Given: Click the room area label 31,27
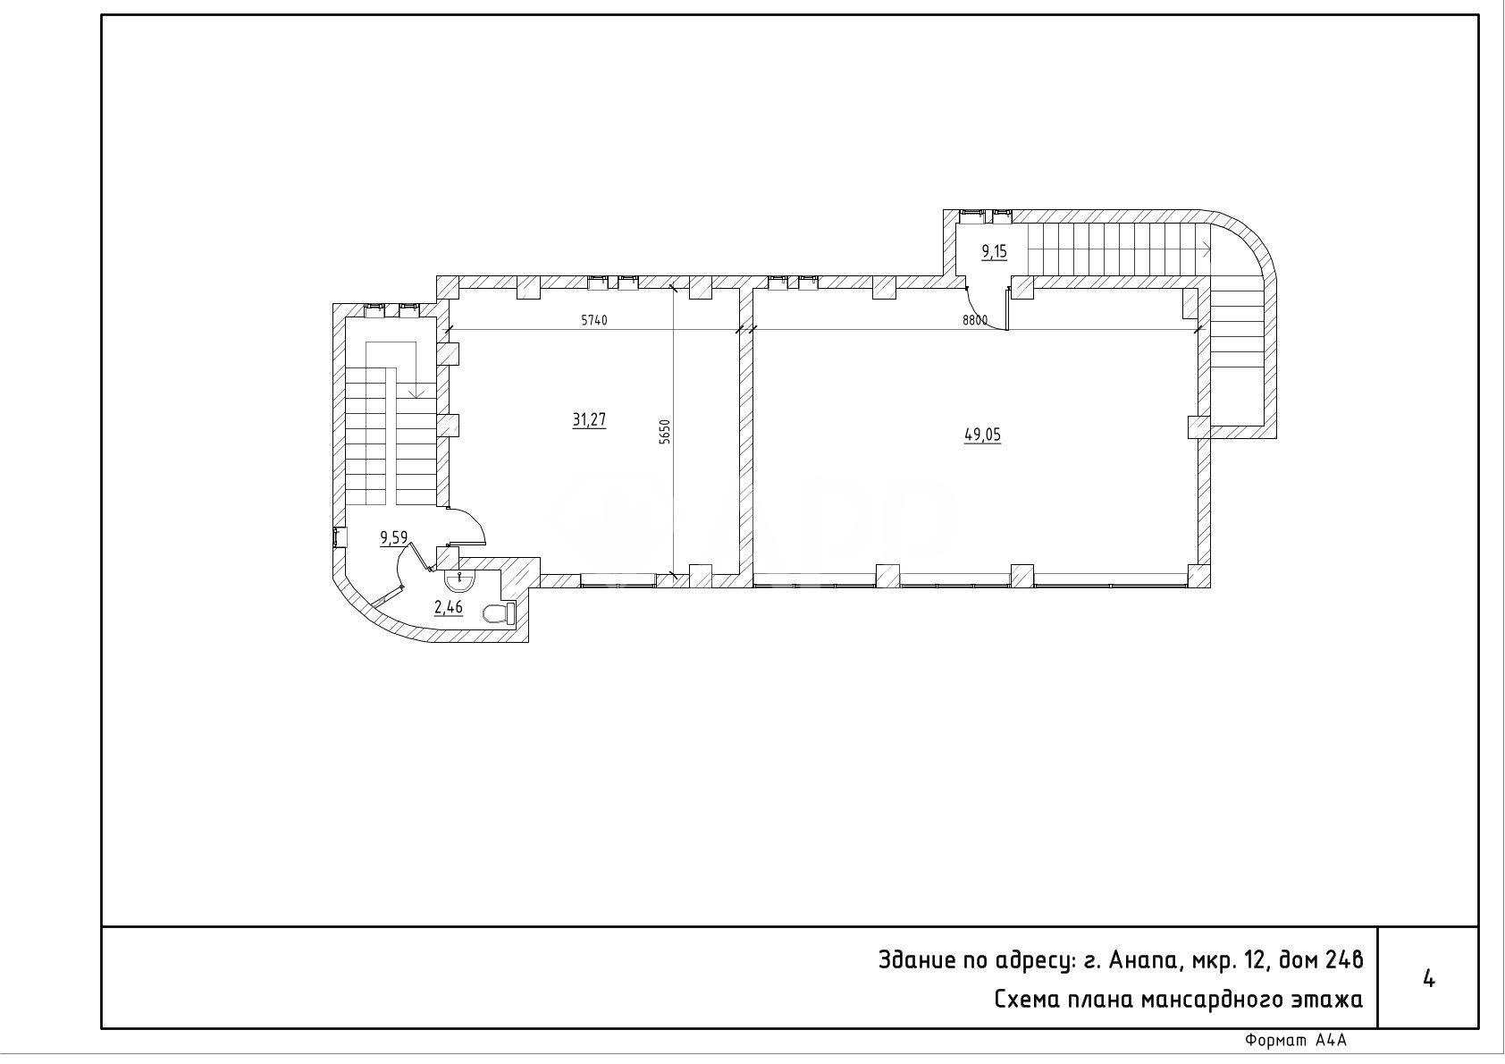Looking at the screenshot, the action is coord(589,420).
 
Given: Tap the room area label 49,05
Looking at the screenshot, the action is coord(982,435).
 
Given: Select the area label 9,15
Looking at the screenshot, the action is coord(995,252).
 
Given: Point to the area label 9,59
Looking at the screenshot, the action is coord(394,537).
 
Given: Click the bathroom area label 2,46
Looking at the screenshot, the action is coord(448,608).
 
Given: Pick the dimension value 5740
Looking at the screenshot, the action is coord(594,321).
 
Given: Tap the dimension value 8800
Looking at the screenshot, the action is coord(975,321).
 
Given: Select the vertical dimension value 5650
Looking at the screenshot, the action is coord(665,432).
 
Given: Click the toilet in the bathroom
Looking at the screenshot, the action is coord(500,613).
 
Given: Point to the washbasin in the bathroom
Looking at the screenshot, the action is coord(459,579).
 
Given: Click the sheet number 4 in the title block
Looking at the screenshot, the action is coord(1428,979).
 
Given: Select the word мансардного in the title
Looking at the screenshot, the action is coord(1203,1000).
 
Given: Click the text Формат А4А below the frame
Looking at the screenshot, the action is coord(1296,1041).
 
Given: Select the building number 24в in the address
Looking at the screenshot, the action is coord(1343,959).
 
